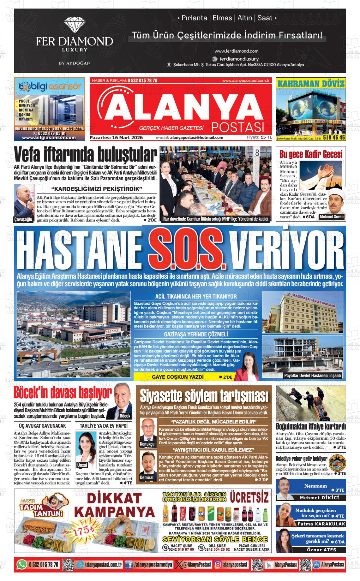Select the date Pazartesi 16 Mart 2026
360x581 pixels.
tap(116, 138)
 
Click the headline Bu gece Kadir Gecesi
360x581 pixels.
tap(311, 154)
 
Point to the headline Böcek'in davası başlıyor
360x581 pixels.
tap(63, 393)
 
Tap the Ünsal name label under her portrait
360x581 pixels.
tap(82, 465)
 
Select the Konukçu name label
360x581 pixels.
tap(147, 444)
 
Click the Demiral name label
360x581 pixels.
tap(147, 477)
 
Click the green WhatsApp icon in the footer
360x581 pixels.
tap(22, 564)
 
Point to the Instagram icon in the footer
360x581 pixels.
tap(218, 565)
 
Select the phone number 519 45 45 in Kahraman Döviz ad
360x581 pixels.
tap(333, 138)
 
